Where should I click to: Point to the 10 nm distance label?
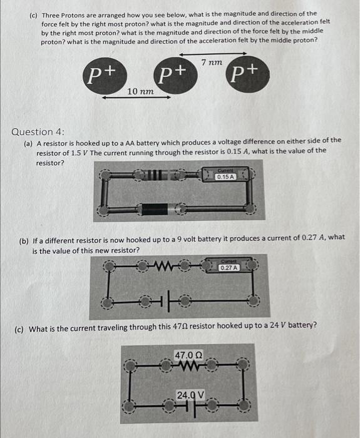(x=140, y=92)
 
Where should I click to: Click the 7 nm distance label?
(x=212, y=63)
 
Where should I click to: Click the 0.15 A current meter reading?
(x=225, y=177)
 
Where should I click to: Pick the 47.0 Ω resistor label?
(x=188, y=355)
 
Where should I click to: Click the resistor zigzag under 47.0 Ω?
(x=188, y=367)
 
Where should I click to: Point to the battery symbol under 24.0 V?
(x=188, y=407)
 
